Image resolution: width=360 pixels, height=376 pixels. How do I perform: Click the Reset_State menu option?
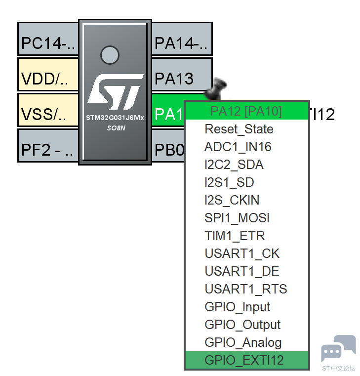239,129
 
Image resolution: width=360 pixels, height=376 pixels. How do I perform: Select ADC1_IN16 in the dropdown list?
238,147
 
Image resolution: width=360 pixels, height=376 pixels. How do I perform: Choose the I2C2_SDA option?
234,165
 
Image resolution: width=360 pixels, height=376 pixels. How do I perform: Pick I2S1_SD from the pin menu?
229,182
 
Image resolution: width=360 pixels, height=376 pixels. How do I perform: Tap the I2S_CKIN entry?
232,200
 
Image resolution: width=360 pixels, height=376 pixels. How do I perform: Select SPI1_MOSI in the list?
237,218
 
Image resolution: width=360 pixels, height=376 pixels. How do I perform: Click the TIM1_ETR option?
235,236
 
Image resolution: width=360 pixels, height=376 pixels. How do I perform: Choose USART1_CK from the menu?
242,253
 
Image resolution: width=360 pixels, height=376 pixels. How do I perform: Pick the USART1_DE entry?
242,271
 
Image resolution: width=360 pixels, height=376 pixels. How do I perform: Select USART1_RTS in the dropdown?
245,289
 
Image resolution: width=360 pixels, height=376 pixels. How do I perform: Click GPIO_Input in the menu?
237,307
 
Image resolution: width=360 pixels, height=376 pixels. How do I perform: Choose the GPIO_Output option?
242,325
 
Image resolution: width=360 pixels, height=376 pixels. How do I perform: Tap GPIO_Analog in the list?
243,342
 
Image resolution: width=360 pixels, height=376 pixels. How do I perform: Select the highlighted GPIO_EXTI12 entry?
244,360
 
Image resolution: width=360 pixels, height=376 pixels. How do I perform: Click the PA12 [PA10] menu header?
246,111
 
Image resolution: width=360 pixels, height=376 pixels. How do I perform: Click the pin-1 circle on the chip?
110,55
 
